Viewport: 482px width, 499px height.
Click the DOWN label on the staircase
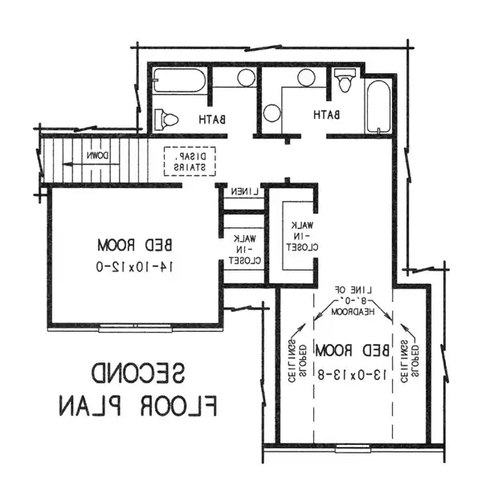98,156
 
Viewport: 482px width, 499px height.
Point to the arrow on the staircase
91,164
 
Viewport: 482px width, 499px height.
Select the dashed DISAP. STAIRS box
190,162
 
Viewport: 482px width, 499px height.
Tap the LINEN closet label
245,191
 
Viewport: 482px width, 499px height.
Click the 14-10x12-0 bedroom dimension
135,267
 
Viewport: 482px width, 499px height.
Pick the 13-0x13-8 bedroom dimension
352,375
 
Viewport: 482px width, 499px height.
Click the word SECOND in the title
138,372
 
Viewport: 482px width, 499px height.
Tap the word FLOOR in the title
179,406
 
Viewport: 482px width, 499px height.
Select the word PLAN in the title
90,406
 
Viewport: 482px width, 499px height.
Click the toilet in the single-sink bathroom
165,120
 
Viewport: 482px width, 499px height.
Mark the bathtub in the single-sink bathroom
179,80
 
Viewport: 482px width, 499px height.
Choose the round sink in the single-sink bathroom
246,78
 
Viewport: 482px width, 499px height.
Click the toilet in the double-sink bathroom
345,80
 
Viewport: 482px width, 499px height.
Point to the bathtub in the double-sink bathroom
378,107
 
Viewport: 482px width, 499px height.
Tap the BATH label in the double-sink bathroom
326,115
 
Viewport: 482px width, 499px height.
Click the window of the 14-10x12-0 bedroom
135,328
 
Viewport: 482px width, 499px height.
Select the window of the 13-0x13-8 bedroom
353,448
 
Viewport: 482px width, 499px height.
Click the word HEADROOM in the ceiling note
353,312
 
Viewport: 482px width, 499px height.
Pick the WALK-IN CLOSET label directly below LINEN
245,249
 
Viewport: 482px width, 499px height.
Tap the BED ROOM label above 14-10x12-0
135,245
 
